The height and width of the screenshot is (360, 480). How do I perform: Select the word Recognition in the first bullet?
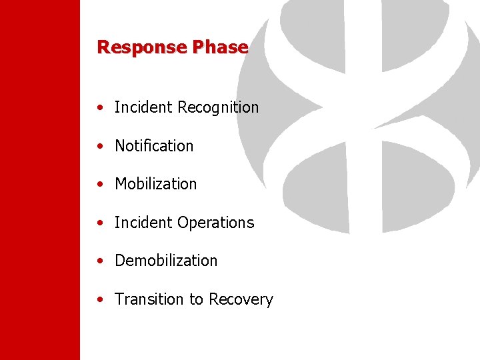218,107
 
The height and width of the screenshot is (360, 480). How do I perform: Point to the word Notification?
154,146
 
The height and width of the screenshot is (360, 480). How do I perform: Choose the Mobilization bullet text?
156,184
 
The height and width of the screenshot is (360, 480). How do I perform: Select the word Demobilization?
166,261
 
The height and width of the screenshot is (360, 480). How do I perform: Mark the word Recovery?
241,300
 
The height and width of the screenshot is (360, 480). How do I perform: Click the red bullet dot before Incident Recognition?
99,108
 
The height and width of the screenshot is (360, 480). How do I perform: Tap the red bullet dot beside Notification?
99,147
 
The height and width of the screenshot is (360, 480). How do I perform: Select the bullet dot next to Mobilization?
99,185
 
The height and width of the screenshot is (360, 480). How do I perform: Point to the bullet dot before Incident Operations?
99,223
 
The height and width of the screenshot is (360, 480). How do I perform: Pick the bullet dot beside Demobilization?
99,261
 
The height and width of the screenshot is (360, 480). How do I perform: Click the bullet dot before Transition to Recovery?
99,300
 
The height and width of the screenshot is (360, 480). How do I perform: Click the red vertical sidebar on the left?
39,180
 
